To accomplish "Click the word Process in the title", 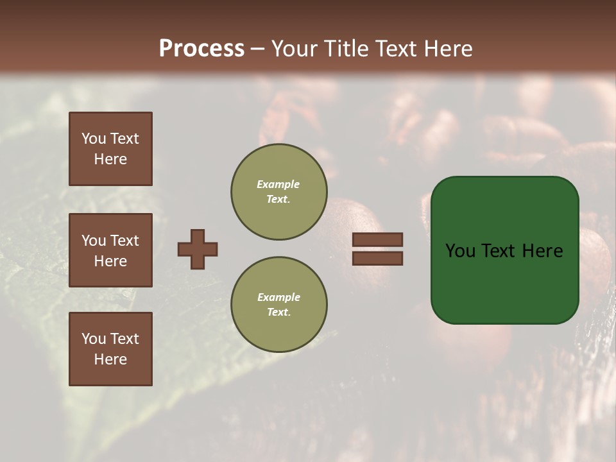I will tap(201, 49).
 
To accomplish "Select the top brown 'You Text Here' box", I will tap(110, 149).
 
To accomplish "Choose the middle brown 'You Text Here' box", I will tap(110, 250).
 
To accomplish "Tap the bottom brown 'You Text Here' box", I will tap(110, 349).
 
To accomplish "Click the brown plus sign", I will tap(198, 249).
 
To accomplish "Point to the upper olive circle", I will tap(278, 192).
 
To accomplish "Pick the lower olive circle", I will tap(278, 305).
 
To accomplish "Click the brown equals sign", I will tap(377, 249).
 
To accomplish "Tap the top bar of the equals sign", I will tap(377, 239).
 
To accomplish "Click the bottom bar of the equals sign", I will tap(377, 259).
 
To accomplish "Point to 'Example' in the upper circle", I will tap(278, 185).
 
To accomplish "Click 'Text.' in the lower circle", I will tap(278, 312).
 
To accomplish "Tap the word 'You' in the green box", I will tap(461, 251).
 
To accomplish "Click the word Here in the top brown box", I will tap(110, 159).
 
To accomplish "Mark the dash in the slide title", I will tap(257, 49).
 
